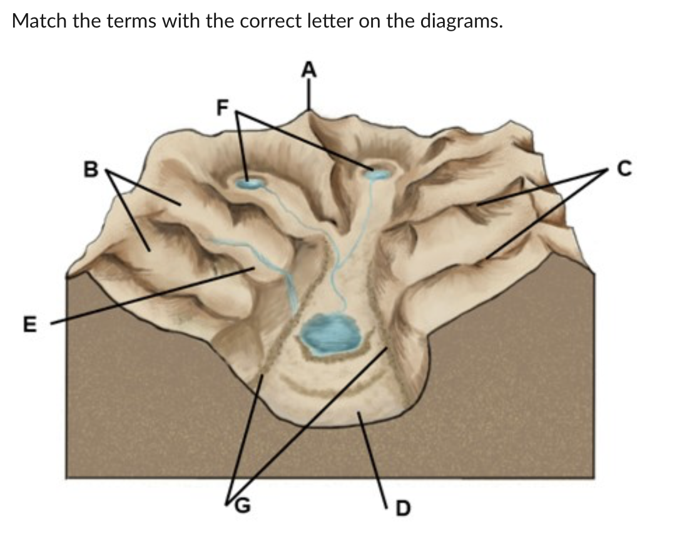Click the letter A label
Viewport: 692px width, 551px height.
click(309, 70)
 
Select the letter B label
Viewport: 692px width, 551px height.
click(91, 169)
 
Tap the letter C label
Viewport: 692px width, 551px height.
click(624, 168)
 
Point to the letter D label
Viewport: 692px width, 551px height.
click(403, 508)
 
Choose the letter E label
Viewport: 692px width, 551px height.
click(29, 324)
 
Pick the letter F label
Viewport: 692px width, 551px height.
click(223, 107)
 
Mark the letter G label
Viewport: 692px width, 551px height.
click(242, 505)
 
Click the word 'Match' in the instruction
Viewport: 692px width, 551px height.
click(39, 21)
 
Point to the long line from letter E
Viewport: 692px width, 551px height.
click(152, 296)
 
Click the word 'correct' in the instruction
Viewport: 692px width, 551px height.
click(272, 21)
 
